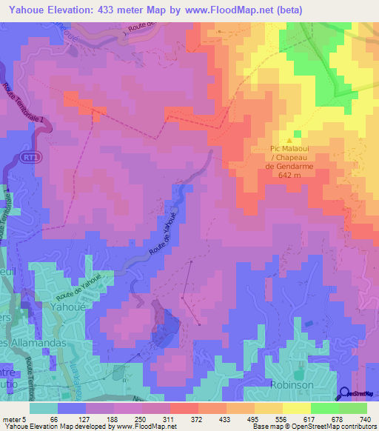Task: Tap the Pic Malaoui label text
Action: click(x=289, y=149)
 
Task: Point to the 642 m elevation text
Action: click(x=289, y=176)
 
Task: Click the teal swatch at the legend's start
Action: click(x=44, y=409)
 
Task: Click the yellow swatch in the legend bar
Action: click(x=296, y=409)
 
